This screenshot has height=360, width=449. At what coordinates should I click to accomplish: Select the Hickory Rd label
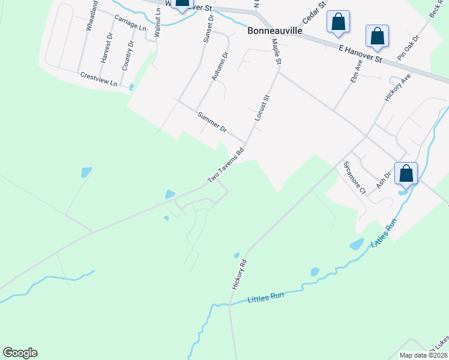pos(239,275)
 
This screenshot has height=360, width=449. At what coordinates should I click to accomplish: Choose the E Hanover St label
pos(360,53)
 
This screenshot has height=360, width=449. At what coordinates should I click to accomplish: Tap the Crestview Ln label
pos(98,79)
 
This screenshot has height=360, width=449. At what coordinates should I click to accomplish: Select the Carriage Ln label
pos(130,23)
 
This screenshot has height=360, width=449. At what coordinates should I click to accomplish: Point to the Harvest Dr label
pos(107,48)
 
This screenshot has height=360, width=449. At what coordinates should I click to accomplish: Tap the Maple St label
pos(277,52)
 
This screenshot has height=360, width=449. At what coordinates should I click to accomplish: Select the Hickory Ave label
pos(397,88)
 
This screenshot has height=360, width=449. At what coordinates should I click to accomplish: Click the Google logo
pos(20,353)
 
